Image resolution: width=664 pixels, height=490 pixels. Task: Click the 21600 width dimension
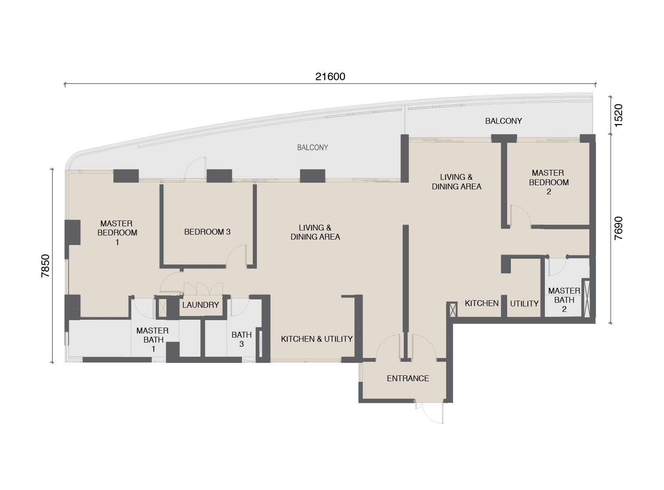(330, 77)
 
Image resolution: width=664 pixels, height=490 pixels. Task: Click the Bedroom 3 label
(207, 232)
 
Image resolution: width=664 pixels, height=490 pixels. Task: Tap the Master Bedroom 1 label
(117, 233)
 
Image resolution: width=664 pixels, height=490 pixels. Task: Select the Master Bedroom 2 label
(548, 182)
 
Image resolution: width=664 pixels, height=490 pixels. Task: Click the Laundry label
(200, 305)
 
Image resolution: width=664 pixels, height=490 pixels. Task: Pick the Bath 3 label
(241, 339)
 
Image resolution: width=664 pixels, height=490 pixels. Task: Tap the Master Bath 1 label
(152, 339)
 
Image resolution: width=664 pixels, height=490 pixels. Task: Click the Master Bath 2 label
(564, 300)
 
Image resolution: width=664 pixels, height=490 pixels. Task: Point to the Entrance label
(408, 378)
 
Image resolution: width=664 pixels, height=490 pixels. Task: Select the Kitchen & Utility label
(317, 339)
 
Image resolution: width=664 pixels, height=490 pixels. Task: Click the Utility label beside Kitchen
(524, 304)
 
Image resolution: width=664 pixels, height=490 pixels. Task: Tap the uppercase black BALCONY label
(503, 121)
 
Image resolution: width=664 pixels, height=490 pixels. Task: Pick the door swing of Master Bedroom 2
(520, 215)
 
